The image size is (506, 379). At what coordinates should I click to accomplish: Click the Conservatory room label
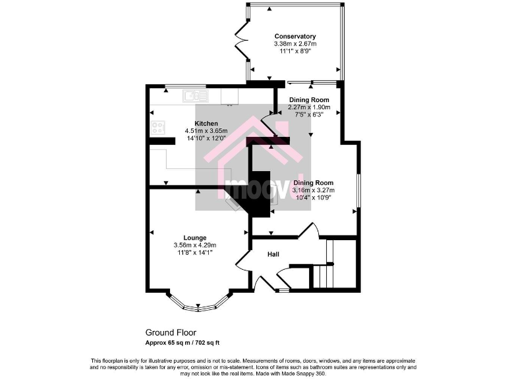pyautogui.click(x=295, y=36)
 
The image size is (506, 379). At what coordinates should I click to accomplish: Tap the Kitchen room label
pyautogui.click(x=206, y=123)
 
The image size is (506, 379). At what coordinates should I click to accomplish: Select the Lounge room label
pyautogui.click(x=195, y=238)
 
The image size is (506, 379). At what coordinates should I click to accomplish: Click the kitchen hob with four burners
pyautogui.click(x=159, y=127)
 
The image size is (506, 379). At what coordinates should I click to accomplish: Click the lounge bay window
pyautogui.click(x=199, y=305)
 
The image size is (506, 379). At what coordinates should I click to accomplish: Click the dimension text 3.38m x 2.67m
pyautogui.click(x=295, y=43)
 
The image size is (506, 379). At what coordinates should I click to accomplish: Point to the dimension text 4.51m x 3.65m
pyautogui.click(x=206, y=131)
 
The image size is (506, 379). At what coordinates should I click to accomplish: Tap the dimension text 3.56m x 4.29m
pyautogui.click(x=195, y=245)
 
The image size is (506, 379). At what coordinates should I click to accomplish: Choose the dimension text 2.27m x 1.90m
pyautogui.click(x=309, y=107)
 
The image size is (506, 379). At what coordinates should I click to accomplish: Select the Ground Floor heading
pyautogui.click(x=171, y=333)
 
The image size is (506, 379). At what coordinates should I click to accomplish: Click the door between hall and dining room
pyautogui.click(x=308, y=230)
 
